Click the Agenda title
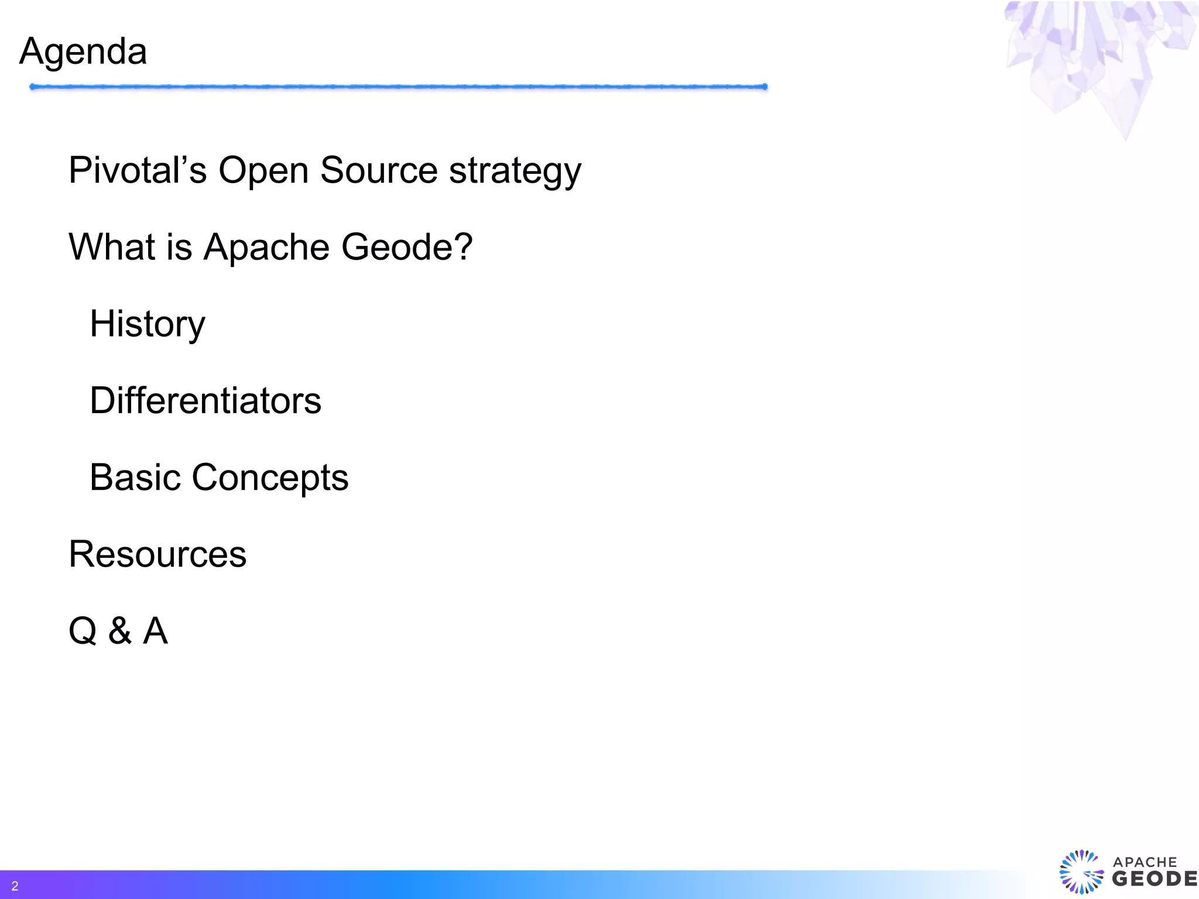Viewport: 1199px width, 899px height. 83,52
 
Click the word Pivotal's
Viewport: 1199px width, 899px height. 138,170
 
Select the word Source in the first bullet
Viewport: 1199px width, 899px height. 379,170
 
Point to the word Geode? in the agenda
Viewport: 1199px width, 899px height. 406,247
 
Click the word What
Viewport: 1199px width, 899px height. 112,247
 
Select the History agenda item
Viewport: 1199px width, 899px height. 148,324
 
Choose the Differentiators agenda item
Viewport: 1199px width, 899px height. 205,401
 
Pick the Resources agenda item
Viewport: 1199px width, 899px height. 157,554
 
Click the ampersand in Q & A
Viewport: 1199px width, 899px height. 120,631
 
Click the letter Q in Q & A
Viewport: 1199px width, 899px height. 83,631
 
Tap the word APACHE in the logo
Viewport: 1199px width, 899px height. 1145,862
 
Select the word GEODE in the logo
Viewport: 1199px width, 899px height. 1154,879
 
